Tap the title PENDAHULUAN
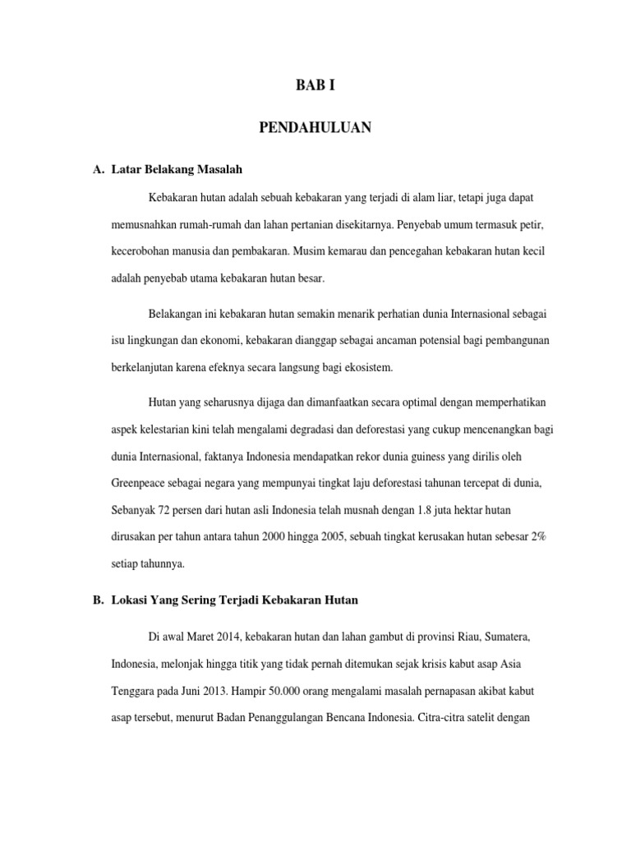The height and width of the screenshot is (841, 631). click(x=315, y=127)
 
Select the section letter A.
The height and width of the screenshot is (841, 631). click(x=99, y=170)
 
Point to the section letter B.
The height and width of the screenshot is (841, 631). click(x=99, y=600)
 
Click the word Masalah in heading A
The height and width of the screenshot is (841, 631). click(x=220, y=170)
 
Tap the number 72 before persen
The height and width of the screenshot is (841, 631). click(x=171, y=510)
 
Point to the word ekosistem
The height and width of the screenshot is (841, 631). click(x=368, y=368)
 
